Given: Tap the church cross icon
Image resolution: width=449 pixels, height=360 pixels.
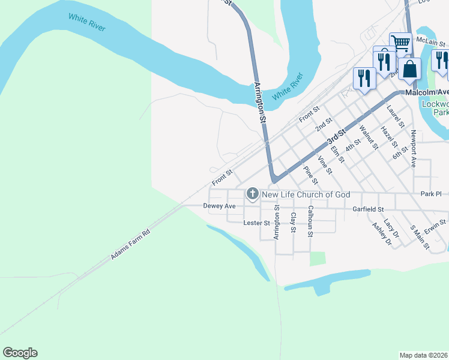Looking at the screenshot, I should [253, 194].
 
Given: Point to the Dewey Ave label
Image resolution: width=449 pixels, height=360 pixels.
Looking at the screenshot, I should [219, 206].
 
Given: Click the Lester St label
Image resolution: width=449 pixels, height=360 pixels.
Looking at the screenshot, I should [256, 223].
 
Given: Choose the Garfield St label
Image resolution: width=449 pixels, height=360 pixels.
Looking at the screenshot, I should [368, 209].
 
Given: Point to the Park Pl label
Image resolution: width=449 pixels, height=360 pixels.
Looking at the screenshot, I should [431, 194].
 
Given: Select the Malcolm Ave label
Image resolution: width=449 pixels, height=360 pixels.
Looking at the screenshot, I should [427, 92].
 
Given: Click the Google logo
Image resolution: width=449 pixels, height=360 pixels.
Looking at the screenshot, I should [20, 353].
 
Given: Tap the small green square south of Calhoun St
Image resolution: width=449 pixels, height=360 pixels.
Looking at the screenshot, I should [318, 259].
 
